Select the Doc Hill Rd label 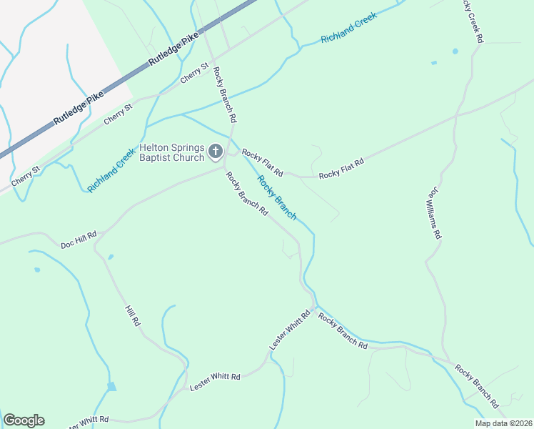pos(79,239)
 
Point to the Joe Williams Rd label pos(435,214)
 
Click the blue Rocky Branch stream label pos(276,197)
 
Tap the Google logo pos(24,420)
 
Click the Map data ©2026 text pos(503,423)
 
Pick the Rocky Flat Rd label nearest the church pos(263,163)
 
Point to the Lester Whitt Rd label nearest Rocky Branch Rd pos(291,330)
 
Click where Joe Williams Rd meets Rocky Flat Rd pos(455,114)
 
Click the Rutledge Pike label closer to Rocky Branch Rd pos(172,52)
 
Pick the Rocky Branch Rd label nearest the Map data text pos(477,388)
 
